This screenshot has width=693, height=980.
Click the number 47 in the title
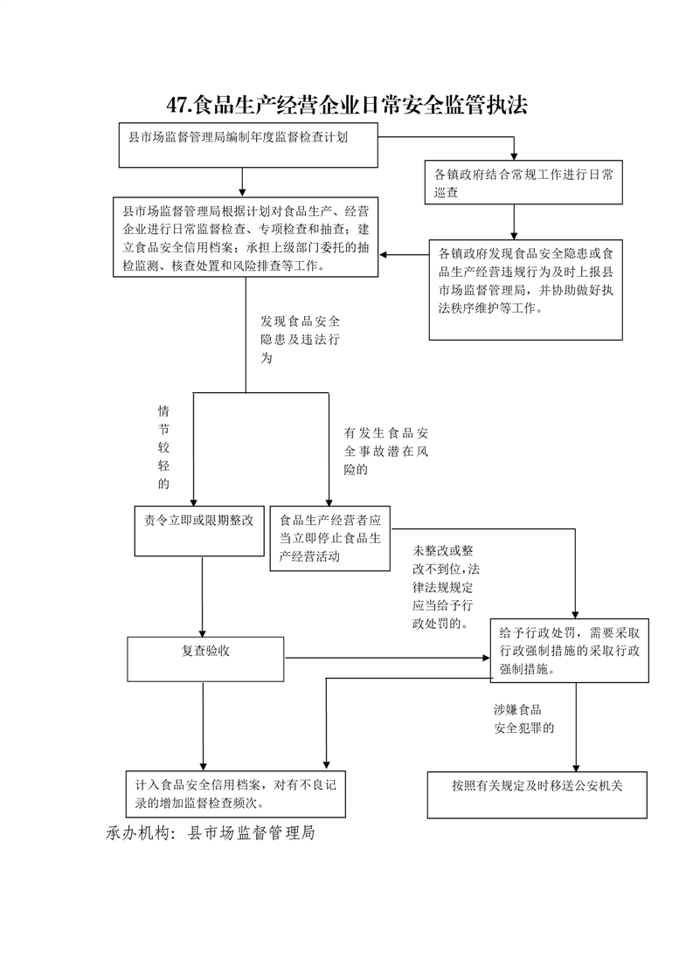(x=177, y=105)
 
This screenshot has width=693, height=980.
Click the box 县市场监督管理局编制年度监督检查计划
(x=248, y=145)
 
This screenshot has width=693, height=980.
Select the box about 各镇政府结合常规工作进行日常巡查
(x=523, y=183)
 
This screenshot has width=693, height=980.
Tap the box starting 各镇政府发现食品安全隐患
(x=526, y=290)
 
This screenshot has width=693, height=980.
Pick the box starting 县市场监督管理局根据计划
(x=246, y=238)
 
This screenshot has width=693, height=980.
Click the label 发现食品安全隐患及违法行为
(x=301, y=340)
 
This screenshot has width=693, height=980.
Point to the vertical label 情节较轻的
(x=164, y=447)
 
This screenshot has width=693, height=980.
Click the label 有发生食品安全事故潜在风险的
(x=386, y=451)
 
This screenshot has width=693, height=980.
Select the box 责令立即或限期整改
(x=199, y=531)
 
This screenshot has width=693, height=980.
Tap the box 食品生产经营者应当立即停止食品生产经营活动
(x=330, y=538)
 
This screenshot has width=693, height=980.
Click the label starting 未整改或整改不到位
(x=446, y=587)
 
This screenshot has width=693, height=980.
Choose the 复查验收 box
(x=205, y=659)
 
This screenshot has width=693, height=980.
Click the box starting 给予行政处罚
(x=569, y=651)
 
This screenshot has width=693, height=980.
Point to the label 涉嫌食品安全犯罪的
(x=524, y=719)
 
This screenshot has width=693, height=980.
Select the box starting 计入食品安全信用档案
(x=236, y=794)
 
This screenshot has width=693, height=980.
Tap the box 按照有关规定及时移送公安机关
(x=537, y=795)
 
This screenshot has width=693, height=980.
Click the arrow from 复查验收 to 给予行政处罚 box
(x=388, y=658)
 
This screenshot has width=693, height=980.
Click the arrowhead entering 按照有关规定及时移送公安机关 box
(x=576, y=768)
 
